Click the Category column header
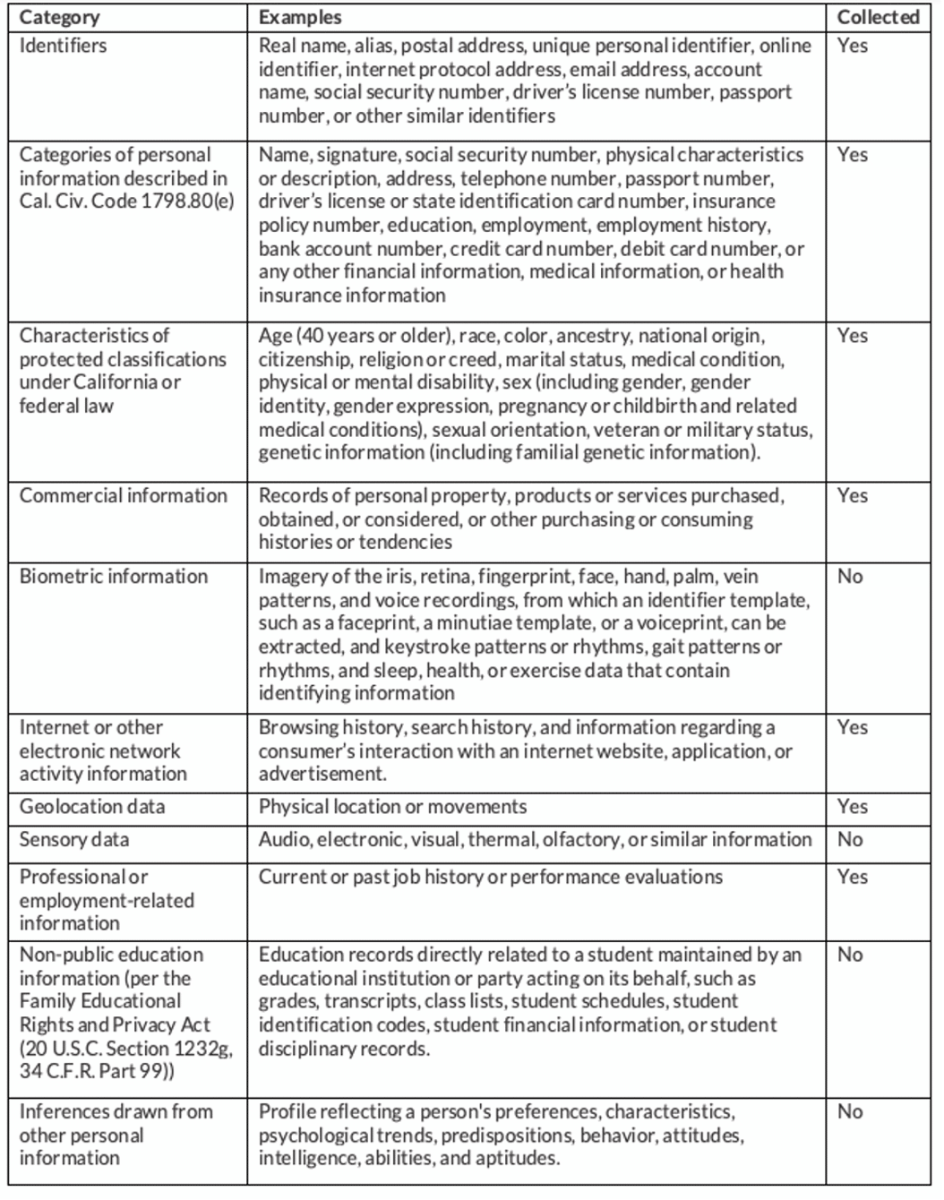tap(60, 17)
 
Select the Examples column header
tap(299, 17)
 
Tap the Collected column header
tap(878, 17)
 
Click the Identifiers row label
tap(63, 46)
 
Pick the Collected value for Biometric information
tap(850, 576)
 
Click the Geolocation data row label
tap(92, 807)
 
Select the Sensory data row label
tap(74, 840)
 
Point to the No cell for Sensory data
tap(850, 840)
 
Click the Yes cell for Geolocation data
tap(852, 807)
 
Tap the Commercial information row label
tap(124, 496)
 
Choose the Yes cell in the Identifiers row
tap(852, 46)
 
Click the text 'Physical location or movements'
tap(392, 807)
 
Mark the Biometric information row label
tap(114, 577)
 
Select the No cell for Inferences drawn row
tap(850, 1112)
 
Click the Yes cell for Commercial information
tap(852, 496)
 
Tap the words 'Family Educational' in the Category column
tap(100, 1001)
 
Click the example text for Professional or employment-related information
tap(490, 877)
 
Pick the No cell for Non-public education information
tap(850, 956)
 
